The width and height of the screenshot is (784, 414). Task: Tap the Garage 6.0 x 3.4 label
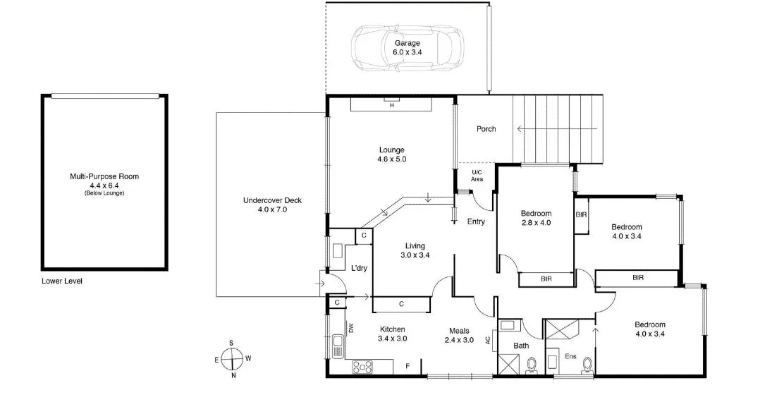[x=407, y=48]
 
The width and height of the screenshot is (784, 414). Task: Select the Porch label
[x=486, y=129]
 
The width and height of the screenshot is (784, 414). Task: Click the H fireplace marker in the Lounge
[x=391, y=105]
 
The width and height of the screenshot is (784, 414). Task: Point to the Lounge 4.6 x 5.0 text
[x=391, y=154]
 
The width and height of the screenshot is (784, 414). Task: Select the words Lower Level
[x=62, y=281]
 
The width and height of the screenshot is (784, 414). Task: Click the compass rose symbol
[x=231, y=359]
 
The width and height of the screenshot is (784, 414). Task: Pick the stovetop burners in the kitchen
[x=363, y=366]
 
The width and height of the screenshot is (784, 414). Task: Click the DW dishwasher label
[x=350, y=328]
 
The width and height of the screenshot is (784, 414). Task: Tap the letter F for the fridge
[x=407, y=366]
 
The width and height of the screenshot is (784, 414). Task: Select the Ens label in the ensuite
[x=570, y=357]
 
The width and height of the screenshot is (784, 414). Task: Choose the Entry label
[x=476, y=221]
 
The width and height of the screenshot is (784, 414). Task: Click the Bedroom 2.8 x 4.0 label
[x=536, y=218]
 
